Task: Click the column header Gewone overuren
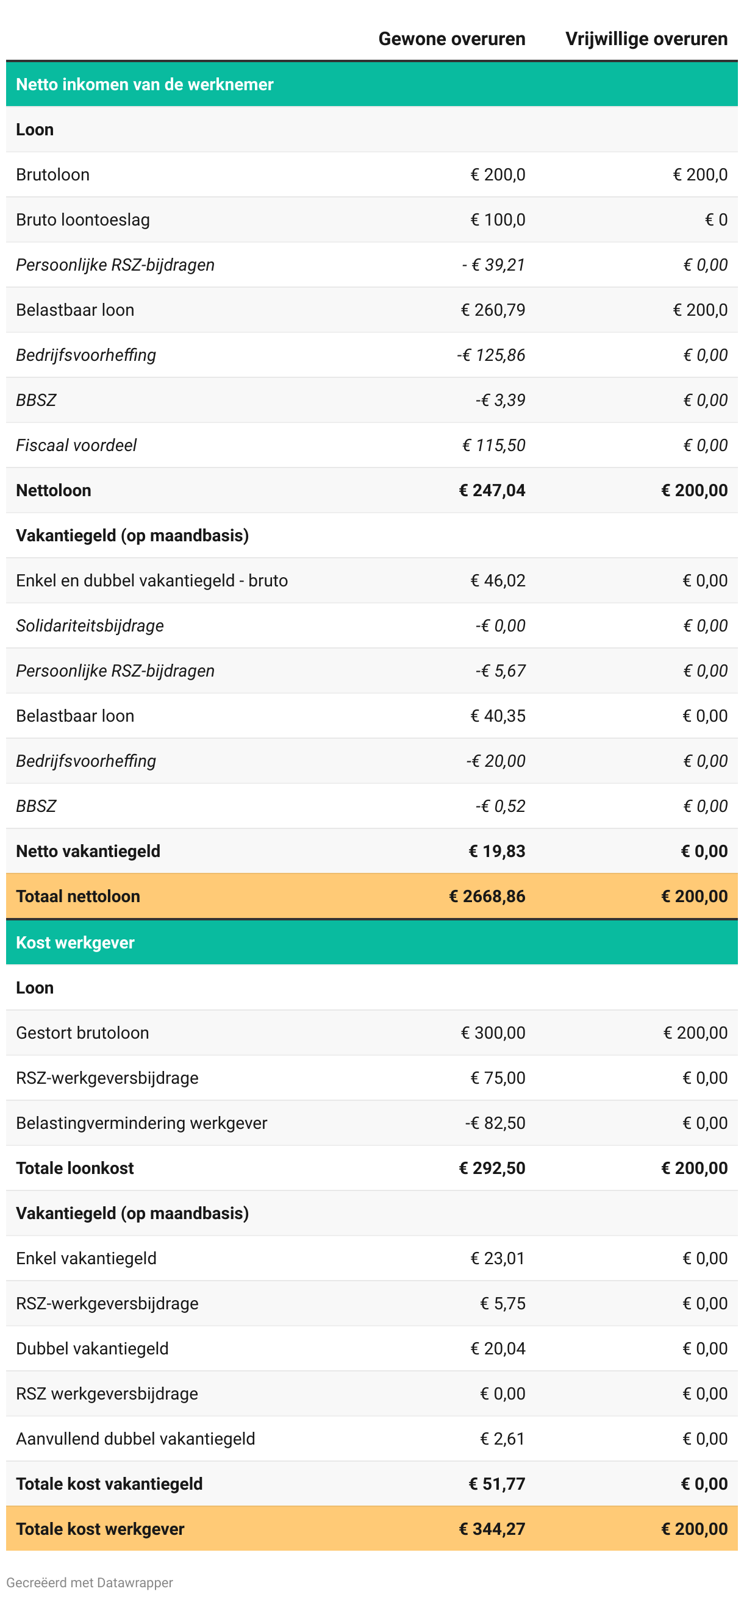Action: click(x=451, y=39)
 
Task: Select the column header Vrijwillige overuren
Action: click(x=646, y=39)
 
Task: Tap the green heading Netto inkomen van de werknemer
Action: click(x=145, y=84)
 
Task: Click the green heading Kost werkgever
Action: click(x=75, y=942)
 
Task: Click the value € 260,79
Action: click(x=493, y=310)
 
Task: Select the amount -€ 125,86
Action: click(x=491, y=355)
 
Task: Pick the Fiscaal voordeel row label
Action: click(x=76, y=445)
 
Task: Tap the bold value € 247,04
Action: click(x=492, y=491)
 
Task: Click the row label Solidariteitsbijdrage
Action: click(x=90, y=625)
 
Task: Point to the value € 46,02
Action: click(x=498, y=580)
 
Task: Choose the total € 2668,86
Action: click(x=487, y=896)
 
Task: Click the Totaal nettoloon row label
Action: click(x=78, y=896)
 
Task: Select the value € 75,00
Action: click(x=498, y=1078)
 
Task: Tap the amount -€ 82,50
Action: click(x=495, y=1123)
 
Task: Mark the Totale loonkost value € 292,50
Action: click(x=492, y=1168)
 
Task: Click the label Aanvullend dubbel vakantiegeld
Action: click(x=136, y=1439)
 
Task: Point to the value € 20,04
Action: click(x=498, y=1348)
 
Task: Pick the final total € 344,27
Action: click(x=492, y=1529)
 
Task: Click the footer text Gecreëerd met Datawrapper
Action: click(x=90, y=1583)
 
